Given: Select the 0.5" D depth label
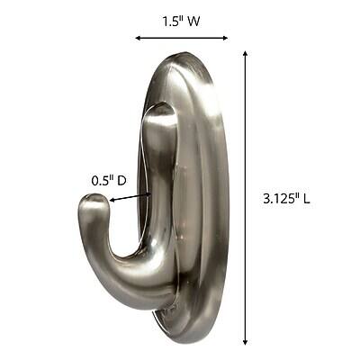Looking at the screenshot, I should point(109,181).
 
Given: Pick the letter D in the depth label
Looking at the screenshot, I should point(122,181).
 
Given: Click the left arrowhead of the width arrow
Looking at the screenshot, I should point(138,38).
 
